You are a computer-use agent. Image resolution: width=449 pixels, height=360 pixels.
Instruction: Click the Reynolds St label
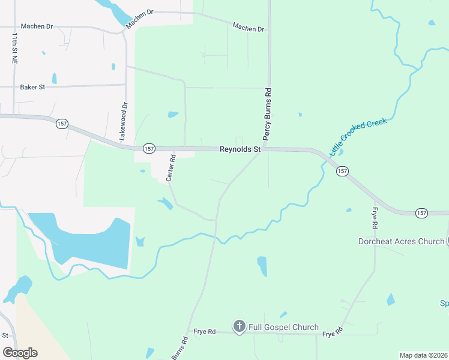click(x=240, y=149)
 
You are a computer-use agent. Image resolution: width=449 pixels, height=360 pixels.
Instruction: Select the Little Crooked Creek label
click(x=358, y=136)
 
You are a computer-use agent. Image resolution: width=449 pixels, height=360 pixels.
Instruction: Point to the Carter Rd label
click(x=170, y=169)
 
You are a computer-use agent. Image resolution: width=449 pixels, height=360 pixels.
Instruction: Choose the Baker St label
click(x=32, y=87)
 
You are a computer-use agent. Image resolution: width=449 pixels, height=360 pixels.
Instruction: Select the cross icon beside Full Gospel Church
click(x=239, y=326)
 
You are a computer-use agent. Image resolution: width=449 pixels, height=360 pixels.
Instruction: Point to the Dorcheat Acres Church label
click(x=401, y=242)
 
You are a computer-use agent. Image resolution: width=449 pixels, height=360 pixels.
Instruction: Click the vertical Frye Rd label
click(x=375, y=218)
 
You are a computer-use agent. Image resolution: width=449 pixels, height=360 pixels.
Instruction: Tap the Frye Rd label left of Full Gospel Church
click(x=204, y=331)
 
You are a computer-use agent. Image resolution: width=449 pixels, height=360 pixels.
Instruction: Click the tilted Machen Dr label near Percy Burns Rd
click(x=248, y=27)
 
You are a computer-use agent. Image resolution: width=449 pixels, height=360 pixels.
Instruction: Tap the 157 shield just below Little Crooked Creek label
click(x=342, y=171)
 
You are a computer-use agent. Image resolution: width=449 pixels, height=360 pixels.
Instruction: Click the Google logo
click(x=20, y=353)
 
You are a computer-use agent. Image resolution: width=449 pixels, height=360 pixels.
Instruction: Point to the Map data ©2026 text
click(x=423, y=355)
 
